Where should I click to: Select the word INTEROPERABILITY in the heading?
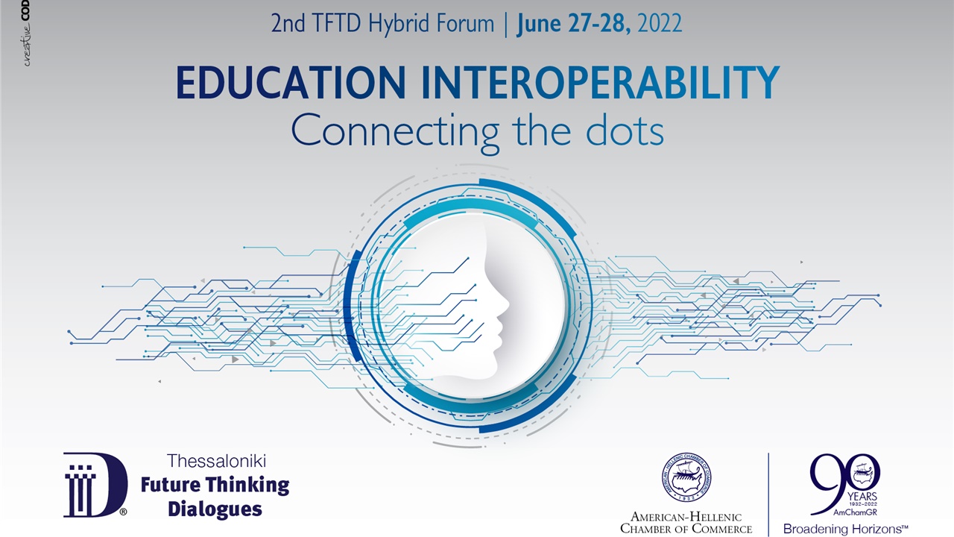[x=600, y=83]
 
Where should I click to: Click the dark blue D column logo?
[x=95, y=484]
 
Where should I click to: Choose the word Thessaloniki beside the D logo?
[x=216, y=461]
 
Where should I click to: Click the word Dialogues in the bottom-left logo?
[x=215, y=509]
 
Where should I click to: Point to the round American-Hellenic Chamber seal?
[x=686, y=477]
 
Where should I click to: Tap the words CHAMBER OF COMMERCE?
[x=686, y=529]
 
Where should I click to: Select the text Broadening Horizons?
[x=844, y=529]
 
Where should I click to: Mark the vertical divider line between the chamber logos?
[x=768, y=492]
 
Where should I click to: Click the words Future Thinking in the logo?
[x=215, y=485]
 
